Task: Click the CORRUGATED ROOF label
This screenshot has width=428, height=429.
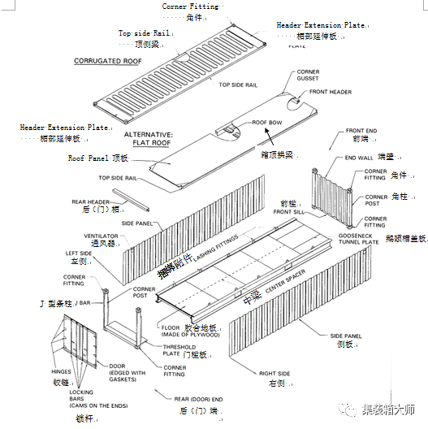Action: coord(107,61)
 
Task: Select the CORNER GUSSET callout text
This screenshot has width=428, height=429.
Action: coord(308,76)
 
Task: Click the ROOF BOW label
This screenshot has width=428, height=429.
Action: coord(266,123)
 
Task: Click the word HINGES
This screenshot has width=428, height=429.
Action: coord(62,370)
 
